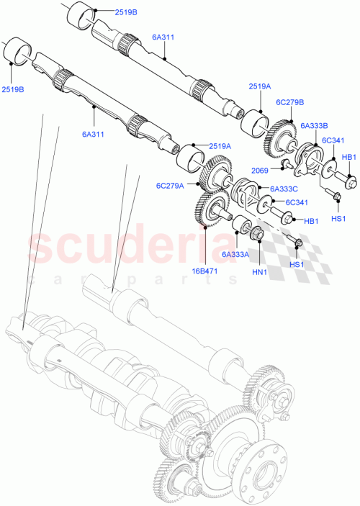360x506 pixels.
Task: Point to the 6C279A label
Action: coord(169,185)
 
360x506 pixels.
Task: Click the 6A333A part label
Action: coord(235,254)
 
